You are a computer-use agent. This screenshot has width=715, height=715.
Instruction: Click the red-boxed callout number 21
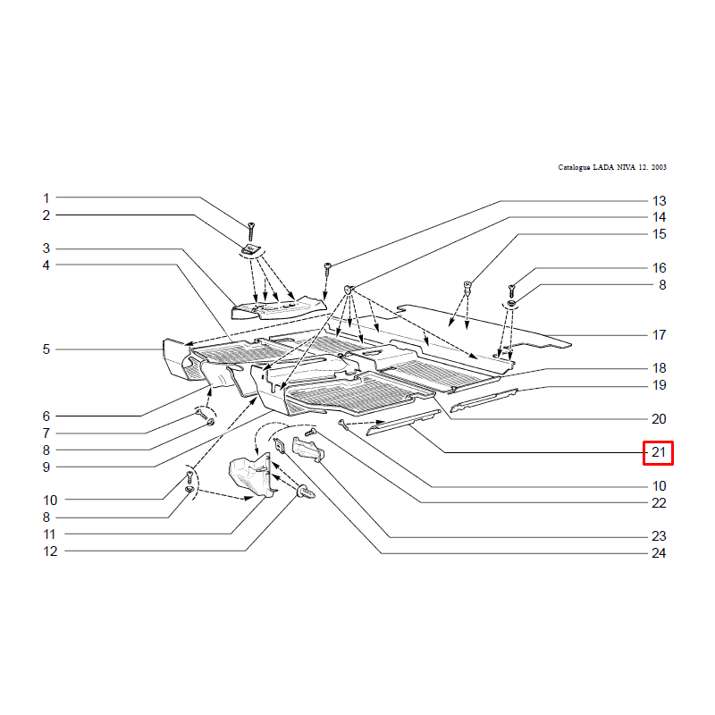pyautogui.click(x=659, y=452)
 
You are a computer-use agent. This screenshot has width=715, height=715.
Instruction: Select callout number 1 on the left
pyautogui.click(x=46, y=198)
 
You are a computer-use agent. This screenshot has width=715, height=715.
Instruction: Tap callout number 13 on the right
pyautogui.click(x=659, y=200)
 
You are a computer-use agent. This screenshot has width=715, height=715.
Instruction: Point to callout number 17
pyautogui.click(x=659, y=334)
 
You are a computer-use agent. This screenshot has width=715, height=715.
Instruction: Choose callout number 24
pyautogui.click(x=659, y=552)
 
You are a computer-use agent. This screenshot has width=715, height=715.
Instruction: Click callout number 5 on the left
pyautogui.click(x=46, y=349)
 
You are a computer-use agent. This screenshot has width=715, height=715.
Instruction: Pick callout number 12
pyautogui.click(x=50, y=551)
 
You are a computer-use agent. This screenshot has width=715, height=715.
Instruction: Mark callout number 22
pyautogui.click(x=659, y=502)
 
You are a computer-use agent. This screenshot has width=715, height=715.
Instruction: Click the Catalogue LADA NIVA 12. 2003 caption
pyautogui.click(x=612, y=167)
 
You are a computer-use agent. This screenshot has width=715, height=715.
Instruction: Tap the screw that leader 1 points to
pyautogui.click(x=250, y=231)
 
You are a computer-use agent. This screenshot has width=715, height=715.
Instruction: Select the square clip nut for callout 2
pyautogui.click(x=248, y=249)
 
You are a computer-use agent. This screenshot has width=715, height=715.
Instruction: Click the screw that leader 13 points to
pyautogui.click(x=327, y=269)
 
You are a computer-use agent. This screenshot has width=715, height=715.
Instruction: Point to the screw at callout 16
pyautogui.click(x=511, y=291)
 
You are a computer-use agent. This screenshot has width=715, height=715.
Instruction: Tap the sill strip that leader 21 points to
pyautogui.click(x=404, y=423)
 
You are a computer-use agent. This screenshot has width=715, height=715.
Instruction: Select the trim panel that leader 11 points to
pyautogui.click(x=252, y=475)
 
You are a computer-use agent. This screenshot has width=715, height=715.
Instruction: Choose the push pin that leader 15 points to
pyautogui.click(x=467, y=287)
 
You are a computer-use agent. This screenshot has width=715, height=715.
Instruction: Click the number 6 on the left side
pyautogui.click(x=46, y=416)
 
